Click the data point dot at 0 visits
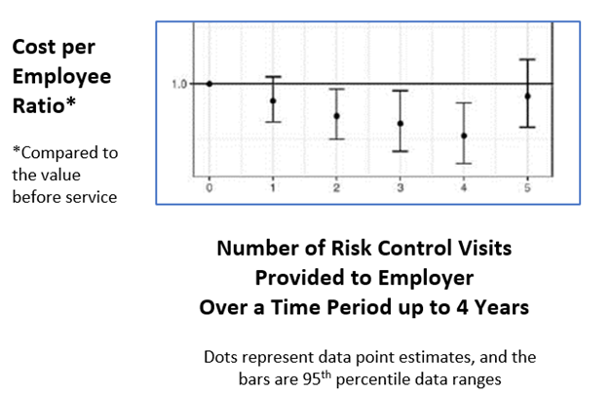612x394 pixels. point(210,84)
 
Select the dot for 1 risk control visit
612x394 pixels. point(273,100)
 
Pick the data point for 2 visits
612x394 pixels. point(336,116)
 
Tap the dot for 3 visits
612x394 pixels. point(401,124)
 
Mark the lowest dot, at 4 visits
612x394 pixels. point(464,136)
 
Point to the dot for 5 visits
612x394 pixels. point(527,96)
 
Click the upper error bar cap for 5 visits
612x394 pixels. point(527,59)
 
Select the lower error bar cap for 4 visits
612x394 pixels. point(464,163)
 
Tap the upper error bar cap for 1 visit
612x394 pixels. point(273,76)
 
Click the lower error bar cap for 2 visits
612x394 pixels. point(336,139)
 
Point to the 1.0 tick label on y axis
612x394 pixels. point(179,84)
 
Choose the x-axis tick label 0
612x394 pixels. point(210,188)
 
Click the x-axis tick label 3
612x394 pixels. point(401,188)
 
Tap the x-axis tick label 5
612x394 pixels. point(527,188)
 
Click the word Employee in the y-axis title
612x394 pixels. point(61,77)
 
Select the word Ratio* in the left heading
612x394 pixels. point(44,105)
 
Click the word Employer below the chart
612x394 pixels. point(426,279)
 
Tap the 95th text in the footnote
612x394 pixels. point(317,378)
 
